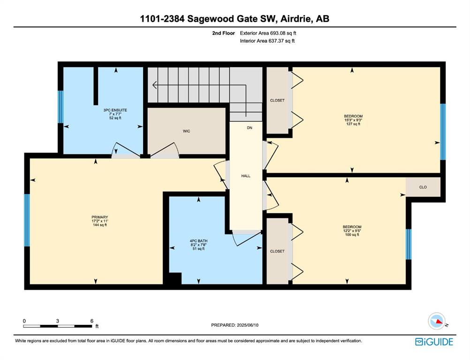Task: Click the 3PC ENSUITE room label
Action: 115,110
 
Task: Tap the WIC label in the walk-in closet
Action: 186,131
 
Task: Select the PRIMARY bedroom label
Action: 100,217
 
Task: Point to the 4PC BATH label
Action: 198,241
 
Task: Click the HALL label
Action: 246,176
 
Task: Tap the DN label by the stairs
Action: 250,128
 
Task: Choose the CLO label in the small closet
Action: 423,187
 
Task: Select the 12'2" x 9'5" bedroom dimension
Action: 352,231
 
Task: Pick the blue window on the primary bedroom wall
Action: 27,220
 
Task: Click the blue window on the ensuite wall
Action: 61,106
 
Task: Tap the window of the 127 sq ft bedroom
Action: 443,132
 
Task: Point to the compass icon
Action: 436,321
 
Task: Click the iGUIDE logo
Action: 434,342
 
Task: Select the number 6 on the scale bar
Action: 92,321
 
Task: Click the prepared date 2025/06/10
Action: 248,325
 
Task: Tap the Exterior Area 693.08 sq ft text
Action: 268,33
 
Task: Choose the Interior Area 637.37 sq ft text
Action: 267,41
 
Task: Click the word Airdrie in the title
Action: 295,19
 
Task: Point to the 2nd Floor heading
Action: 223,33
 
